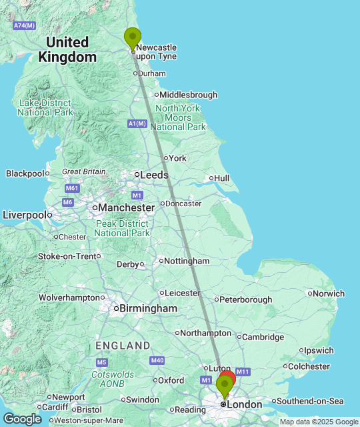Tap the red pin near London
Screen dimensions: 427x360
click(227, 380)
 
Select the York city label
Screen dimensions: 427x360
click(177, 158)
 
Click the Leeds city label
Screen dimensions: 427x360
click(153, 175)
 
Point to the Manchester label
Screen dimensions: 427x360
click(126, 207)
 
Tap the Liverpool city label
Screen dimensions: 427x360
click(25, 215)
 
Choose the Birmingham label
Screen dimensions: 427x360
click(147, 308)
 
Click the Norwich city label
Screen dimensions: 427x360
click(329, 293)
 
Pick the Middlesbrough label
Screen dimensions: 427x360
click(188, 95)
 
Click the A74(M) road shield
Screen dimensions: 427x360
click(23, 25)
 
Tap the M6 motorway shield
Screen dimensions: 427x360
click(67, 202)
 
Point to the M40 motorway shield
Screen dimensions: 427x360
click(157, 360)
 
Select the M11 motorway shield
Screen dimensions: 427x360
click(242, 372)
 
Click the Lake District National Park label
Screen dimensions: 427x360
click(45, 107)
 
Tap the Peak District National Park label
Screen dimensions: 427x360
click(122, 228)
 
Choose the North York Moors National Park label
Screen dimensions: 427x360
click(178, 117)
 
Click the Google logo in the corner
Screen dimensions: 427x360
click(21, 419)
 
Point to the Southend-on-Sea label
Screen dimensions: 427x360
click(309, 401)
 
